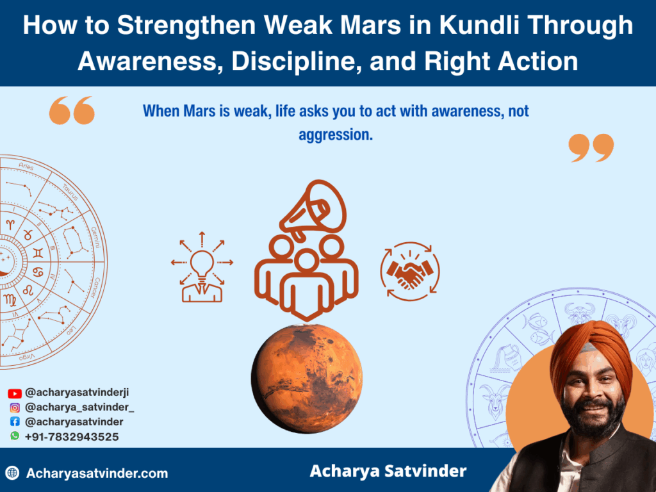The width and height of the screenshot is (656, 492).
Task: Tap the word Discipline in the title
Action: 306,61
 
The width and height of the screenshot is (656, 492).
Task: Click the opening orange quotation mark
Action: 72,110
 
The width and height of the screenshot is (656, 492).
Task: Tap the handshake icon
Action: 410,271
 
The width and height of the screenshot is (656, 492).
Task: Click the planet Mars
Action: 307,378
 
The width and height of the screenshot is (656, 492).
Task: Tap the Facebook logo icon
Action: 15,422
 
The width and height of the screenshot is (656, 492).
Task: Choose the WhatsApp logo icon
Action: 15,436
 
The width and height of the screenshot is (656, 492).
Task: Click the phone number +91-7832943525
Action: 72,437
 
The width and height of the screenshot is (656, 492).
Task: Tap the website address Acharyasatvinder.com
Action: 97,474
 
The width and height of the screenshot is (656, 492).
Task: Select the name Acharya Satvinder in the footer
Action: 388,472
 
